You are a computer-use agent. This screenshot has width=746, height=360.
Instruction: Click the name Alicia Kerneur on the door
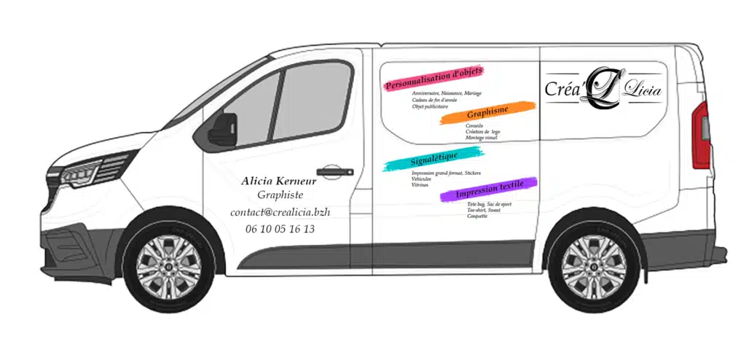278,181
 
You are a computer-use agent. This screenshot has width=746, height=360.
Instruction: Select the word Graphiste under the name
280,195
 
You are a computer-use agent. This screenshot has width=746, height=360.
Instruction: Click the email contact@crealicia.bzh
280,212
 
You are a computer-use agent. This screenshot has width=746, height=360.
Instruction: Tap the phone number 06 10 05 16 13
280,229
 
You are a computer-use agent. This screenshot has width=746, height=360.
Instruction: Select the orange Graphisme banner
488,112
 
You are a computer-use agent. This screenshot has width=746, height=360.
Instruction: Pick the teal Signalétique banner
433,158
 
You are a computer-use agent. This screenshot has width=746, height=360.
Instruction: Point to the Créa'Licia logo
604,88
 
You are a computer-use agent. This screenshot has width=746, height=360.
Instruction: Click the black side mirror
221,131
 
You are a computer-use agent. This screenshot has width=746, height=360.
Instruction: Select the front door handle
334,173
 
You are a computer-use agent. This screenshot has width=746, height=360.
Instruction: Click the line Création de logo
483,132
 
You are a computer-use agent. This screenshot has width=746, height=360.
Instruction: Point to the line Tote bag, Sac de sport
489,204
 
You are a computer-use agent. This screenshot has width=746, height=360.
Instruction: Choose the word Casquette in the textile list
478,216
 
